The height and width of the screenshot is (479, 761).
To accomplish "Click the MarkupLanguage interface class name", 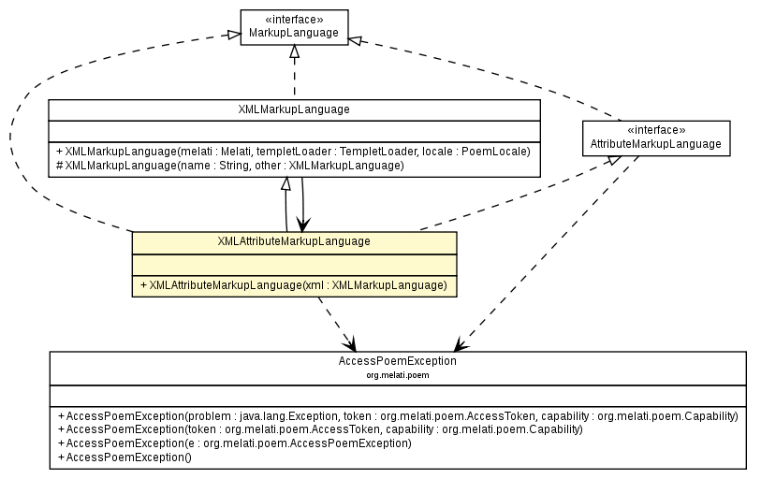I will [294, 35].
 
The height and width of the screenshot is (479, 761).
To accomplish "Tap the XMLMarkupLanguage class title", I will [294, 109].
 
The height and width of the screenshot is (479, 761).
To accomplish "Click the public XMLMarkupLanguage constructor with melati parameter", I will [293, 151].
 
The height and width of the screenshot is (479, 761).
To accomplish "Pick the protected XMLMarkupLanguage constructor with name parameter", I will [230, 165].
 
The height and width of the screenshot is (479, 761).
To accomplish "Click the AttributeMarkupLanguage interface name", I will [655, 144].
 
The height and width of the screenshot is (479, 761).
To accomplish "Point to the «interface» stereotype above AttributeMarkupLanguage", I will [655, 131].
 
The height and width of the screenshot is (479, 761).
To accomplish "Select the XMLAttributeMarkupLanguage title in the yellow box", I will [294, 241].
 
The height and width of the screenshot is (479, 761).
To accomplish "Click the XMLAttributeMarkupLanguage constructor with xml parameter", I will [293, 284].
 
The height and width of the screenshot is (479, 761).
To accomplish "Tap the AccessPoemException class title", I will [397, 360].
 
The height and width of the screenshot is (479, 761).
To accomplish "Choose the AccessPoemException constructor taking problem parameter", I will [397, 415].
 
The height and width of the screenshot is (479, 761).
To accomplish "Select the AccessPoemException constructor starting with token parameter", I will [319, 429].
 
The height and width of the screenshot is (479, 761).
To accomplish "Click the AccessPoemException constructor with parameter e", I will [234, 443].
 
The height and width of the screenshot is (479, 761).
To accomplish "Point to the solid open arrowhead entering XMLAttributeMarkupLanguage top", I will [302, 224].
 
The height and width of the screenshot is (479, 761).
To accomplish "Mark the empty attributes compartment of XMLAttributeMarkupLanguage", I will [294, 264].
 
